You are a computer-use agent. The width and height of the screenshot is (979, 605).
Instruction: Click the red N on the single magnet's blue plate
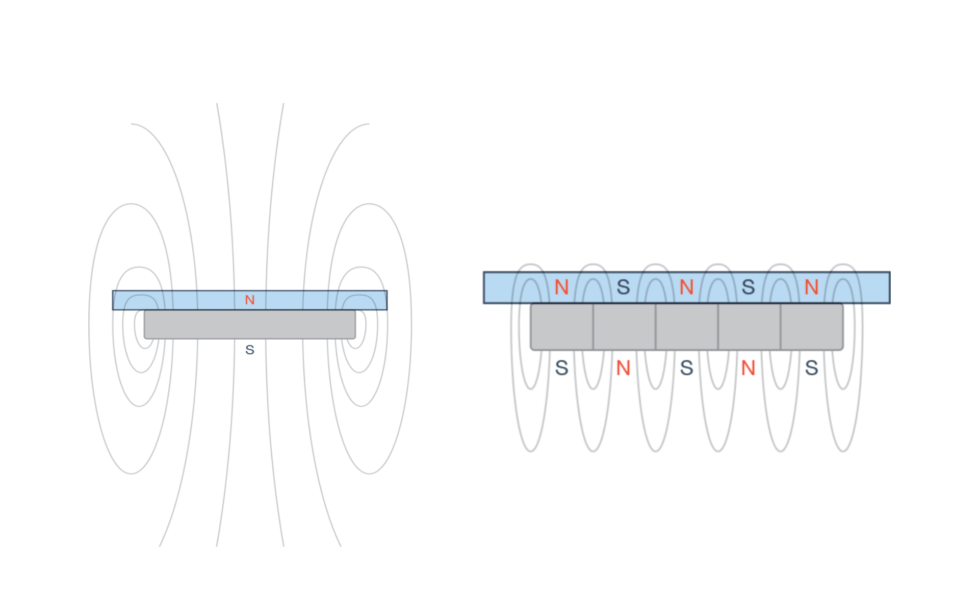[x=250, y=300]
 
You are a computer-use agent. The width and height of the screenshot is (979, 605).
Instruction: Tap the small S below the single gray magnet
[x=250, y=350]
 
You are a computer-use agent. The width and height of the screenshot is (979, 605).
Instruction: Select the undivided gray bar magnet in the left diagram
[x=250, y=325]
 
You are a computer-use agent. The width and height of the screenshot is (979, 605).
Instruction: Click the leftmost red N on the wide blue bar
[x=561, y=287]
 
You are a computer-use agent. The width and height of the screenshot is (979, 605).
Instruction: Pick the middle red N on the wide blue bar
[x=686, y=287]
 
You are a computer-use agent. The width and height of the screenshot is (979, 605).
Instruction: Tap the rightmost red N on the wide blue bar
[x=811, y=287]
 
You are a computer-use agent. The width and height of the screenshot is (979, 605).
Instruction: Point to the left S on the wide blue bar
[x=623, y=287]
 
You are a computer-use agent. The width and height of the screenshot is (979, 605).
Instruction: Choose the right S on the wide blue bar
[x=748, y=287]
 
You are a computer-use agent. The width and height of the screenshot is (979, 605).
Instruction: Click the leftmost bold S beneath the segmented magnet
[x=561, y=367]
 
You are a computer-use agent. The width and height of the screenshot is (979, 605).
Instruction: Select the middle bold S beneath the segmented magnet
[x=686, y=367]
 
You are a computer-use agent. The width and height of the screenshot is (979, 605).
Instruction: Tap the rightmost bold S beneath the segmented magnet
[x=811, y=367]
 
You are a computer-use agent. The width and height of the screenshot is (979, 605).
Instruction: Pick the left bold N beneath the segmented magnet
[x=623, y=367]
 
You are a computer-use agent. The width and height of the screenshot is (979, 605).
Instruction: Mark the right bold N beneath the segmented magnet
[x=748, y=367]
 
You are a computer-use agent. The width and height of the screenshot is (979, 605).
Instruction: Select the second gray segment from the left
[x=624, y=327]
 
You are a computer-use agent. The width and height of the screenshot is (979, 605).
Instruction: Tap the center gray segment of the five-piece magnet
[x=687, y=327]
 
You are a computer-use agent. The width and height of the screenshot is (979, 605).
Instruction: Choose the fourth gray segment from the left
[x=749, y=327]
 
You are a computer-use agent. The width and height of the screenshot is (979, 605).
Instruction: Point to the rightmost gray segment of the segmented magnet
[x=812, y=327]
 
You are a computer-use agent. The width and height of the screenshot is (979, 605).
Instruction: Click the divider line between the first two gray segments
[x=593, y=327]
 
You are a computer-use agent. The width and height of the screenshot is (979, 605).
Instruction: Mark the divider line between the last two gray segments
[x=781, y=327]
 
